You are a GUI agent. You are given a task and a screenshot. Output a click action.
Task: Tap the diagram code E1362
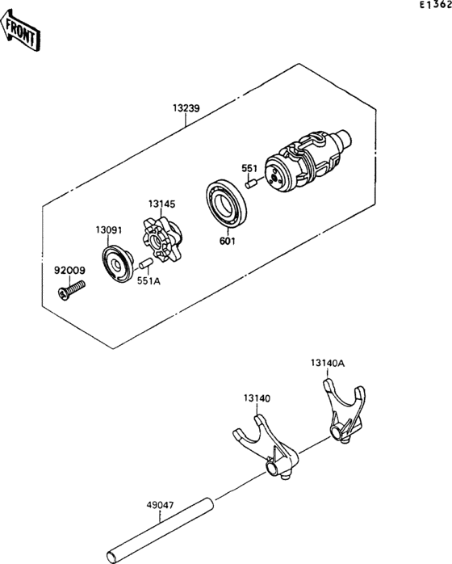(434, 6)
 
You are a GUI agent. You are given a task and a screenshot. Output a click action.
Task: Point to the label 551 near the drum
(249, 169)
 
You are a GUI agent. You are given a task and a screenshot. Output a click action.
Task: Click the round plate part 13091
(119, 263)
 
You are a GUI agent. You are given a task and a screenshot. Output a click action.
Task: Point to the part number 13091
(109, 230)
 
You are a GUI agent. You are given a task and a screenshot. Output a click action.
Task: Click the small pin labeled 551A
(144, 263)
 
